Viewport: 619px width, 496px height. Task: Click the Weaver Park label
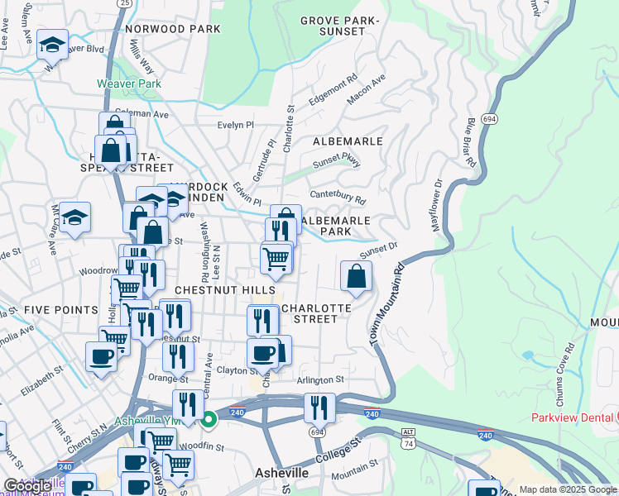128,83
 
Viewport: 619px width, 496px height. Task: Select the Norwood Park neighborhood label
173,29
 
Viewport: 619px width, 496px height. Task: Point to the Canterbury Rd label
338,197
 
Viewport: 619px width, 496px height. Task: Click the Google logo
27,487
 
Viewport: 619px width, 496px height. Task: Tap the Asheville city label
279,473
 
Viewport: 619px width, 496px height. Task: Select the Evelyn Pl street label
236,125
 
